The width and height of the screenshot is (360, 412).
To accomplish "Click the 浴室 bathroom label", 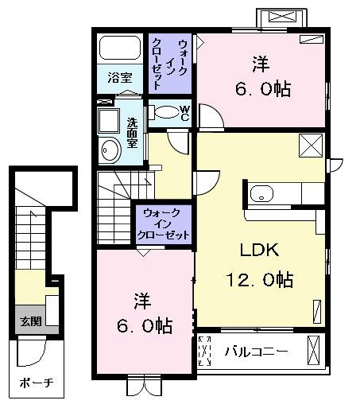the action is click(120, 78).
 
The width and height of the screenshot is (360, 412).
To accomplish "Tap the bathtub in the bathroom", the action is click(120, 48).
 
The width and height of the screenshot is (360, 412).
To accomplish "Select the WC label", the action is click(185, 113).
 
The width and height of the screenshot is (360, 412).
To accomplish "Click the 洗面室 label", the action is click(132, 133).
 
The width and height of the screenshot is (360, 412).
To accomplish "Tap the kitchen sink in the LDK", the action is click(261, 193).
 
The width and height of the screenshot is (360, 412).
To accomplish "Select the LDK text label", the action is click(259, 250).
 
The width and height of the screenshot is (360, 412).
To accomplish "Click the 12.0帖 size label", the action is click(259, 279).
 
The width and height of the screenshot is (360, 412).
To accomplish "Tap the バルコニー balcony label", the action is click(256, 352).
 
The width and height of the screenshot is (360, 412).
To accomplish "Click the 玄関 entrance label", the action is click(31, 321).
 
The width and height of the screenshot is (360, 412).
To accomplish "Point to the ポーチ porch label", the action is click(37, 383).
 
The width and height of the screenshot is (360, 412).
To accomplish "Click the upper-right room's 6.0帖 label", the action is click(263, 88).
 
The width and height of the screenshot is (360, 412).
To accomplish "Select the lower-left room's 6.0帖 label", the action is click(145, 325).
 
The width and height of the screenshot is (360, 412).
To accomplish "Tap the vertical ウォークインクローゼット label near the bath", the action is click(170, 64).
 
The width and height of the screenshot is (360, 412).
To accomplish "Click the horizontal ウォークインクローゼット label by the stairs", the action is click(164, 224).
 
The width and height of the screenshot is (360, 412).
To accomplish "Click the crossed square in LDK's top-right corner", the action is click(311, 146).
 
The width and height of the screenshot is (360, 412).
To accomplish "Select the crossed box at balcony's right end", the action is click(314, 351).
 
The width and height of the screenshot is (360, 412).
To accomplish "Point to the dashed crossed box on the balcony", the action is click(204, 351).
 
